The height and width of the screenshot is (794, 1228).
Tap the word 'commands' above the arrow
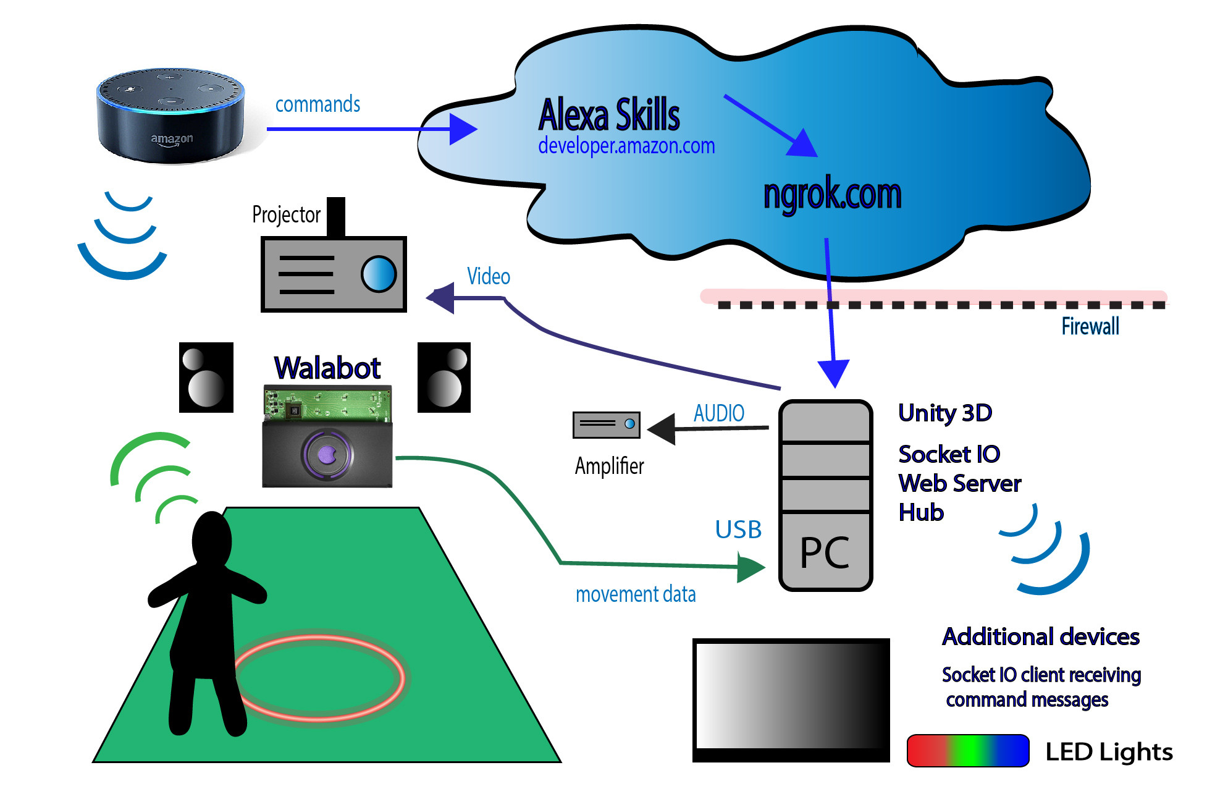pos(318,104)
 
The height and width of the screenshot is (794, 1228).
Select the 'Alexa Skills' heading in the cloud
pos(608,115)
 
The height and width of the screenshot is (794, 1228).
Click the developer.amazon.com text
pos(626,146)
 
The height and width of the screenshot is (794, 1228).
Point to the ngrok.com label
pos(832,193)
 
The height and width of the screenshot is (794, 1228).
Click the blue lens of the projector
pos(378,274)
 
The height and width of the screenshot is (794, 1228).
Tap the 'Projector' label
pos(286,215)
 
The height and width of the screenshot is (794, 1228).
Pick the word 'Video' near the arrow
pos(488,276)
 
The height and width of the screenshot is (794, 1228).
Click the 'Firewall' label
pos(1090,326)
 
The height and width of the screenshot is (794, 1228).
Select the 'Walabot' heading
pos(327,368)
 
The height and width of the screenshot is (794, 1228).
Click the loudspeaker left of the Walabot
pos(206,378)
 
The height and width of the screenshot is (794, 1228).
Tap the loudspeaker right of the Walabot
pos(444,378)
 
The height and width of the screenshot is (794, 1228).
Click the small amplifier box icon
pos(606,425)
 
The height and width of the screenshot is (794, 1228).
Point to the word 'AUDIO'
pos(719,413)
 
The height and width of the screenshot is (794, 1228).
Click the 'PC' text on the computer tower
pos(825,552)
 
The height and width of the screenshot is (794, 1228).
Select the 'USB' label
pos(738,530)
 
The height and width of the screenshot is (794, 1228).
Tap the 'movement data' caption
pos(636,594)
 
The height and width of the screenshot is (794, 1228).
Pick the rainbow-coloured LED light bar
pos(967,751)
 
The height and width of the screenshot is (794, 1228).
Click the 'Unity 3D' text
pos(945,413)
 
